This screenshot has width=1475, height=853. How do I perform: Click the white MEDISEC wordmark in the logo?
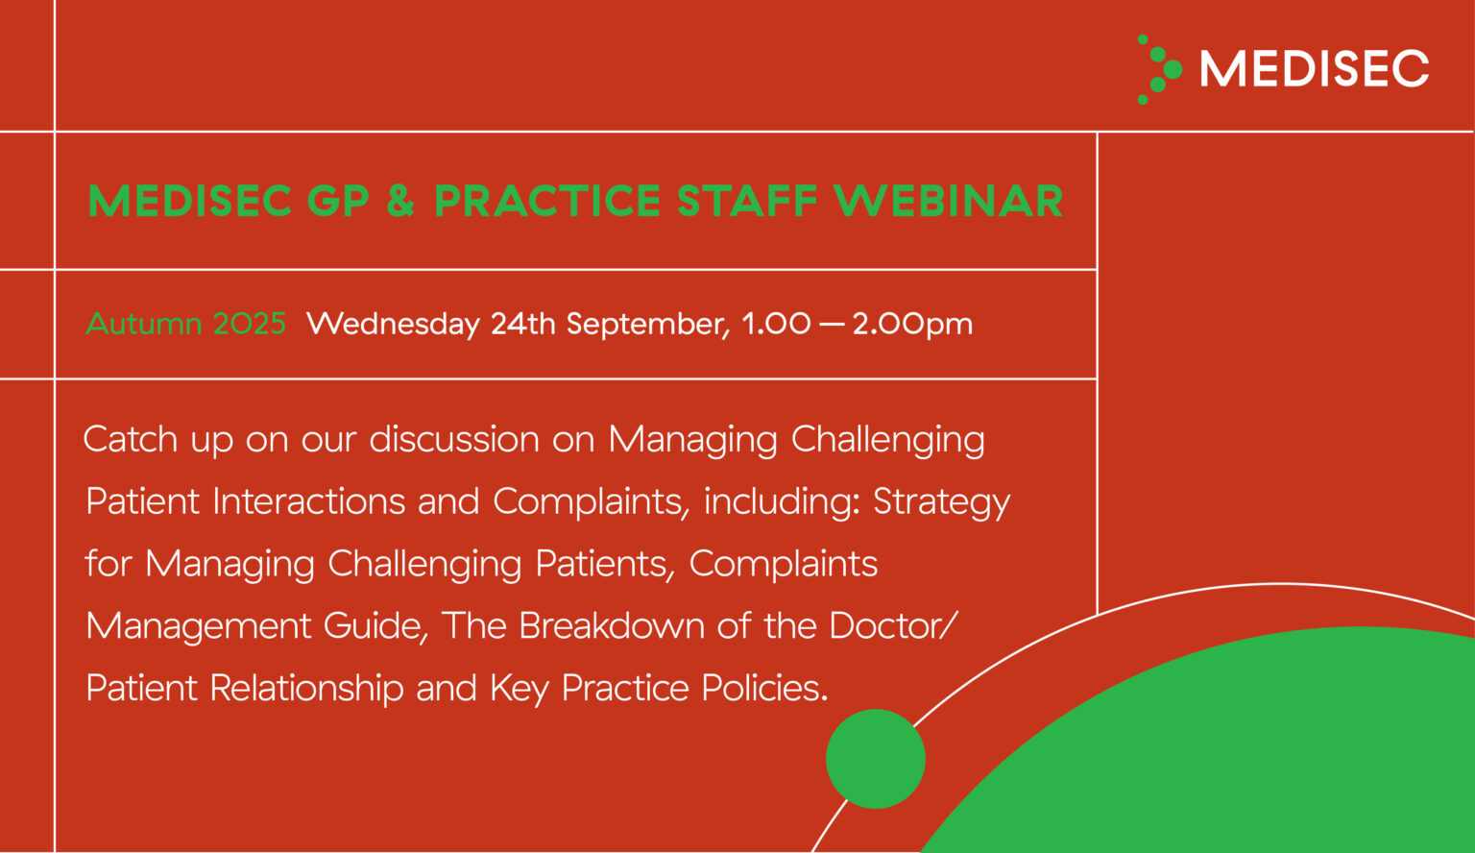(1314, 69)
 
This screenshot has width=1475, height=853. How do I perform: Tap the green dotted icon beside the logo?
(1159, 69)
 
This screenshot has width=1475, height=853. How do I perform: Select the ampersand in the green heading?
(400, 201)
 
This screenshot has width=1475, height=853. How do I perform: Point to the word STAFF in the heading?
(746, 201)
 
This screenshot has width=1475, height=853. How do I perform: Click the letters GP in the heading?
(338, 201)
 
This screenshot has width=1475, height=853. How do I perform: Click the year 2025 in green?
(250, 324)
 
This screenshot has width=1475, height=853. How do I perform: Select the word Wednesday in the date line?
(393, 324)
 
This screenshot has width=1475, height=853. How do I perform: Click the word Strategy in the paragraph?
(941, 502)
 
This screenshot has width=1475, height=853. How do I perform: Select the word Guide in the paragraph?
(375, 626)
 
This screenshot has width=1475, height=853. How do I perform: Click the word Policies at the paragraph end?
(764, 689)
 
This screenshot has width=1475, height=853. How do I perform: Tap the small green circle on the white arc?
(876, 759)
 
